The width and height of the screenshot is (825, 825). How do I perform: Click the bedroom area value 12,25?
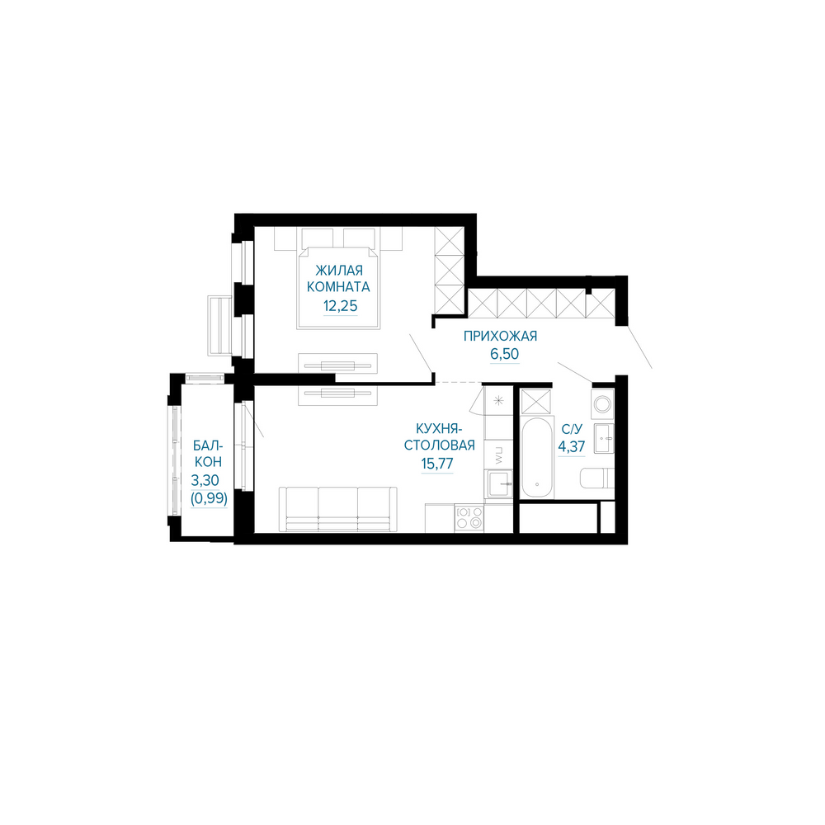point(341,306)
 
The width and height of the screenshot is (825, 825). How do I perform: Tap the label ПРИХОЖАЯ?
point(500,336)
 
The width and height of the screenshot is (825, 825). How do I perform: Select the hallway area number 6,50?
point(505,354)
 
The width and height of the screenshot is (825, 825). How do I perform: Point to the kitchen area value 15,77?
point(436,464)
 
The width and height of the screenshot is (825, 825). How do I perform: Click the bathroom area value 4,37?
point(572,446)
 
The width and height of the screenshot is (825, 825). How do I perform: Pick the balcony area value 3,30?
point(205,480)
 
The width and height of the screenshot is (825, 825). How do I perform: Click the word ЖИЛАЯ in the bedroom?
point(339,271)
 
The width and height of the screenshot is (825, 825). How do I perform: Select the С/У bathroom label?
point(572,429)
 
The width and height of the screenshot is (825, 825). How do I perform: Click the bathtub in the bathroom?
point(537,457)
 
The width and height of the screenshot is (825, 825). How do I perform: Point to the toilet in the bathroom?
point(597,478)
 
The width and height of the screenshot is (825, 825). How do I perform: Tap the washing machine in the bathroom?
point(603,404)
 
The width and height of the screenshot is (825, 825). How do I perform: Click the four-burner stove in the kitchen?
point(469,517)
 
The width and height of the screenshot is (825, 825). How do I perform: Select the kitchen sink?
point(498,484)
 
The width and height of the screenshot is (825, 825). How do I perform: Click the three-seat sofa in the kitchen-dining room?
point(337,509)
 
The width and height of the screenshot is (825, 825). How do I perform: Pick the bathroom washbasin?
point(604,438)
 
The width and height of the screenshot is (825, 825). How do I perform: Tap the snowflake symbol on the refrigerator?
point(499,402)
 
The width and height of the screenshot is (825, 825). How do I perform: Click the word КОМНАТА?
point(338,287)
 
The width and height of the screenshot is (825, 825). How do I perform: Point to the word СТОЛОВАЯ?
point(440,445)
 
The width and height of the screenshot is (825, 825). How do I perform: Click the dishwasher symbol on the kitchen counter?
point(499,455)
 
